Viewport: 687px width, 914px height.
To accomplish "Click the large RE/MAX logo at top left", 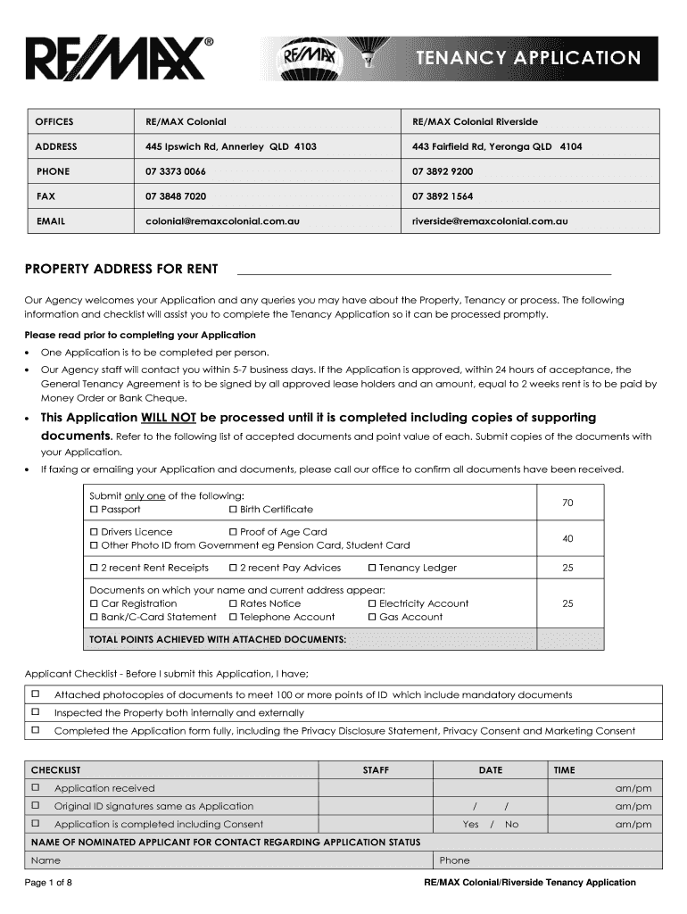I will coord(120,59).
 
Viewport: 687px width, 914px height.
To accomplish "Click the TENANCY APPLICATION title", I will coord(528,58).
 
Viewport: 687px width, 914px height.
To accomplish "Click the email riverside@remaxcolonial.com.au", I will coord(490,220).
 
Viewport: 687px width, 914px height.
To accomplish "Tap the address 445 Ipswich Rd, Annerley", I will coord(231,146).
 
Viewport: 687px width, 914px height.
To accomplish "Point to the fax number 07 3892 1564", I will coord(443,195).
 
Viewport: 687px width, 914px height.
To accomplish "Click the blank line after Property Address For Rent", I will coord(423,270).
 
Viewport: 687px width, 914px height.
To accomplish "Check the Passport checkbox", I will coord(94,509).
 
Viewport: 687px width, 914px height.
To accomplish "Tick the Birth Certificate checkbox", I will coord(233,509).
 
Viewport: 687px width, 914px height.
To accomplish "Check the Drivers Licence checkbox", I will coord(94,532).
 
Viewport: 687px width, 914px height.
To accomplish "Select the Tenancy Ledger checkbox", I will coord(372,568).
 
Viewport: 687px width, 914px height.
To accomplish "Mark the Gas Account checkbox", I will coord(372,617).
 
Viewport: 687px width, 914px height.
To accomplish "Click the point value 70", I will coord(567,503).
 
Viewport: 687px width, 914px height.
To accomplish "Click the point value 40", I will coord(567,538).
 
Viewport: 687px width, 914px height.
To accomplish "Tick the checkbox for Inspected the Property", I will coord(37,712).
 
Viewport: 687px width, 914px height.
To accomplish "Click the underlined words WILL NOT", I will coord(170,418).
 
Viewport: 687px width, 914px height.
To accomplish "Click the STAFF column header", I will coord(375,770).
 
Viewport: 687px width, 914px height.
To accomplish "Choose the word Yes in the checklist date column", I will coord(471,825).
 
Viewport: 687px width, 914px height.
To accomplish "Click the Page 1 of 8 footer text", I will coord(54,883).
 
